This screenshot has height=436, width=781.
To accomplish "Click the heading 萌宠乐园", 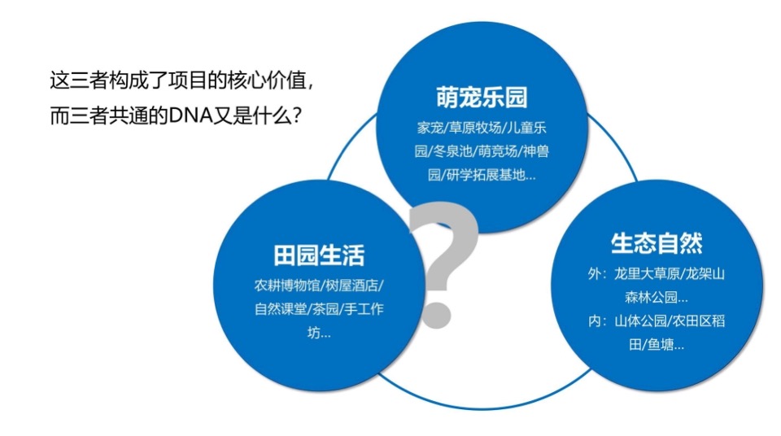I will [482, 98].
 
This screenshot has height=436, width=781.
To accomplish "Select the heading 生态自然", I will [657, 243].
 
